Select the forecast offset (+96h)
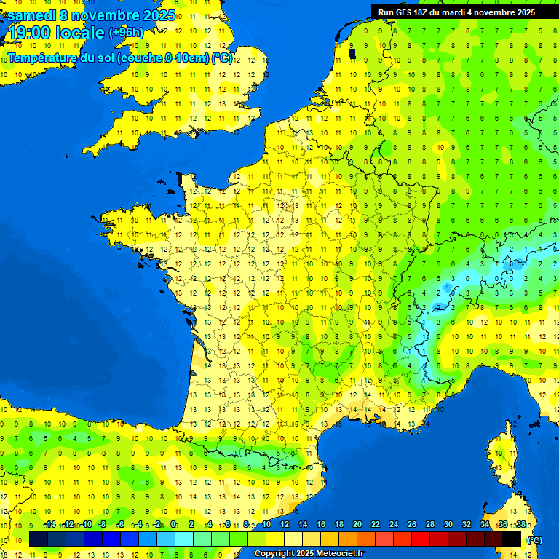pos(126,33)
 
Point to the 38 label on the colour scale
pos(520,525)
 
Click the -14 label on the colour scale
pos(50,525)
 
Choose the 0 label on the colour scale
pos(173,525)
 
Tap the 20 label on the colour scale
pos(357,525)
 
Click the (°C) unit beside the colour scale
pos(534,540)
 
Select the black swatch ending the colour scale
pos(512,539)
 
